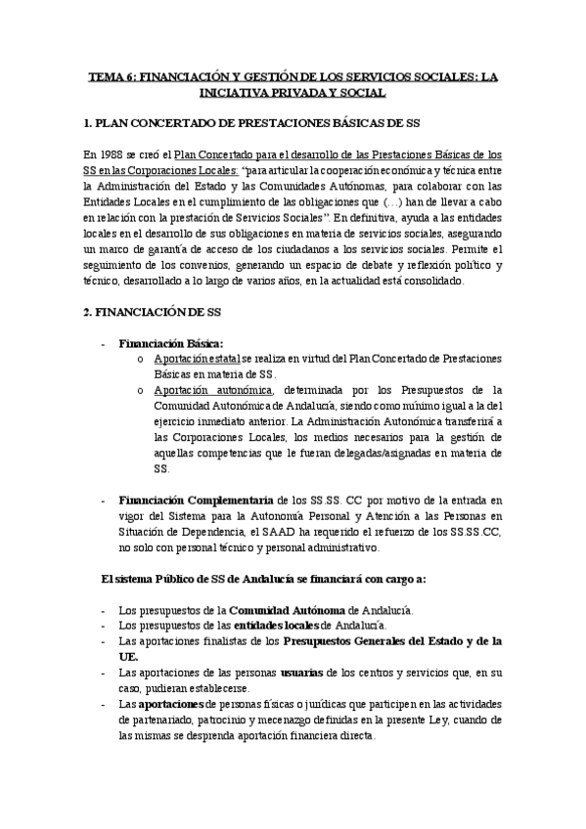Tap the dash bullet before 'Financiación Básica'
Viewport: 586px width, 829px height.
click(105, 344)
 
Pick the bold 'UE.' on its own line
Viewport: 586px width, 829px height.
click(128, 657)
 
